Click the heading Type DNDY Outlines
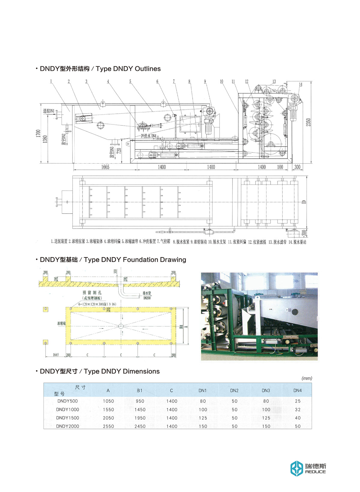[x=100, y=69]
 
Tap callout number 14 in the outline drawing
[x=301, y=85]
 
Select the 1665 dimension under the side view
[x=105, y=167]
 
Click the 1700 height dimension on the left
[x=38, y=134]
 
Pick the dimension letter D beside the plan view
[x=304, y=202]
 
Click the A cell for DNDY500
[x=108, y=401]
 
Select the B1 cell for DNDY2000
[x=140, y=426]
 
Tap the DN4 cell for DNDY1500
[x=298, y=418]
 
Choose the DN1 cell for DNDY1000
[x=203, y=409]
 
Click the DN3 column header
[x=266, y=391]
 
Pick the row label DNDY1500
[x=67, y=418]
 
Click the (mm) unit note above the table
[x=307, y=378]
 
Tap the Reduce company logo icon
[x=297, y=468]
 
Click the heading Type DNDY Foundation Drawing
[x=113, y=260]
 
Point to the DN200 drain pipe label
[x=147, y=298]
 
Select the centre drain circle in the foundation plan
[x=121, y=326]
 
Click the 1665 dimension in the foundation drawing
[x=56, y=355]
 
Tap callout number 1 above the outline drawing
[x=51, y=81]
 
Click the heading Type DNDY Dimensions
[x=100, y=371]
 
